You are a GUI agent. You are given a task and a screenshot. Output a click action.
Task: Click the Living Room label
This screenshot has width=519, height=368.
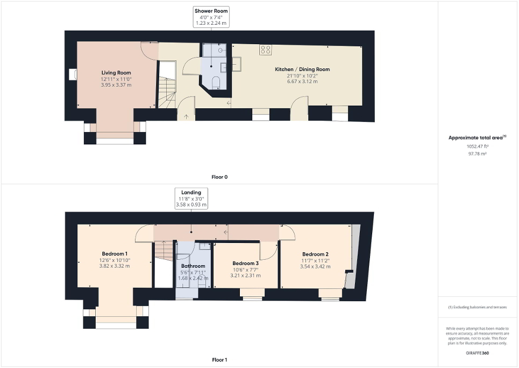coord(116,73)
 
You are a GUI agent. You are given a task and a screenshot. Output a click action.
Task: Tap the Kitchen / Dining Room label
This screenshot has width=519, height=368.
coord(302,70)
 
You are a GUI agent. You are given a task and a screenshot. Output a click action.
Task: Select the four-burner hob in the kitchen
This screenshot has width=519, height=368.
coord(265,50)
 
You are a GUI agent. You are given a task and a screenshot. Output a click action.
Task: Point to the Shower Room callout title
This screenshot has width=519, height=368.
coord(211,11)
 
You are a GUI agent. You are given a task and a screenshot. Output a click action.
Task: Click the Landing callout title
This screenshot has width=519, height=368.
coord(191,192)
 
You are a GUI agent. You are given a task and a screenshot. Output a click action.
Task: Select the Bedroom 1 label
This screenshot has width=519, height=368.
coord(115,254)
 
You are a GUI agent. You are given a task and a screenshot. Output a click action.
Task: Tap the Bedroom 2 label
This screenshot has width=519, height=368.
coord(315,254)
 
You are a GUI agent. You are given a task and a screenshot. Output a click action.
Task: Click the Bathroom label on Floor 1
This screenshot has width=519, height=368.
coord(193,266)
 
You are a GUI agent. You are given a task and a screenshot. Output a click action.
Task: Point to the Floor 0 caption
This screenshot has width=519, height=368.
coord(219,177)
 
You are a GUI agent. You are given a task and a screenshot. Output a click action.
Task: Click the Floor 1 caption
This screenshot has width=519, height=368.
coord(219,359)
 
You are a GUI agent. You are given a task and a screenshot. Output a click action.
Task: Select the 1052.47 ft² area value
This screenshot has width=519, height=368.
coord(478,146)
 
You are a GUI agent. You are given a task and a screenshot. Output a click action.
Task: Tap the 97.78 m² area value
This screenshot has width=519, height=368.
coord(478,154)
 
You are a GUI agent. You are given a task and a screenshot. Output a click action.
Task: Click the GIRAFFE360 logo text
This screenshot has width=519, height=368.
coord(478,353)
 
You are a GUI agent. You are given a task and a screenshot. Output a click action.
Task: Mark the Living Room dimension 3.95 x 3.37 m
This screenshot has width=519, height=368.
coord(116,85)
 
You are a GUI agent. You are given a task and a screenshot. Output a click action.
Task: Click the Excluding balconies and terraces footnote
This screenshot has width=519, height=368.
coord(478,308)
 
